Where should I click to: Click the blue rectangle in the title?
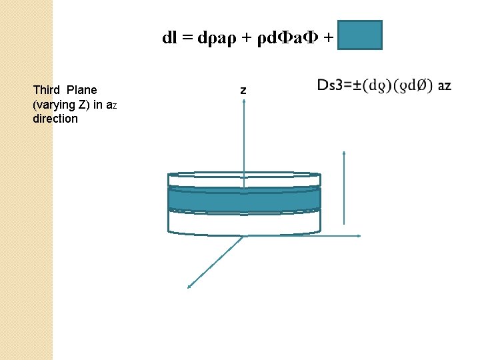point(360,35)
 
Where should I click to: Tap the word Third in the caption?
point(46,90)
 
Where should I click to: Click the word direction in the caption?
point(55,119)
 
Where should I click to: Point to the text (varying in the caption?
point(53,105)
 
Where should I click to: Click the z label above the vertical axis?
point(243,90)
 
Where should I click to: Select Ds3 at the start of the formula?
point(331,85)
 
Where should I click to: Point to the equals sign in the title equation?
point(187,38)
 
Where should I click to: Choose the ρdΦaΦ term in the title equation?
point(283,38)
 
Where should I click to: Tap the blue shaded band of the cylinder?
point(244,199)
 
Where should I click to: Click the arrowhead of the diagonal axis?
point(190,287)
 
